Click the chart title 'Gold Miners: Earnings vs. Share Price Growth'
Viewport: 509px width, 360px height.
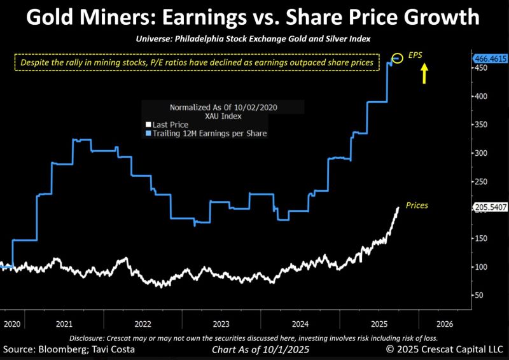pyautogui.click(x=254, y=17)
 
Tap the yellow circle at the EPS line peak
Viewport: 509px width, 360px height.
pyautogui.click(x=397, y=59)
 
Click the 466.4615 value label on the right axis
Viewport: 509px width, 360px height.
pyautogui.click(x=490, y=59)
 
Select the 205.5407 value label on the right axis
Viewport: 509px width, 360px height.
pyautogui.click(x=490, y=207)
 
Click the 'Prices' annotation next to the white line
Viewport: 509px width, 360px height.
pyautogui.click(x=417, y=205)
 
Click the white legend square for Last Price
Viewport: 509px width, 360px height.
pyautogui.click(x=149, y=125)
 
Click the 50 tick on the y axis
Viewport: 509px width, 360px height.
pyautogui.click(x=478, y=295)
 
